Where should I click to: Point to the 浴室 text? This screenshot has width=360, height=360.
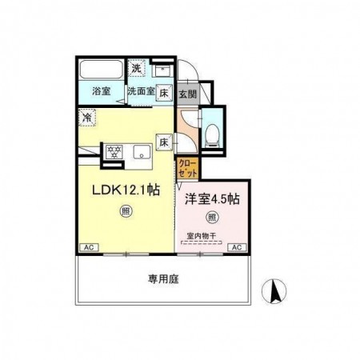[100, 90]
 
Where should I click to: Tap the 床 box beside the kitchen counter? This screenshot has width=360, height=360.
[162, 143]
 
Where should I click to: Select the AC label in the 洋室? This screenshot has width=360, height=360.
[237, 248]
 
